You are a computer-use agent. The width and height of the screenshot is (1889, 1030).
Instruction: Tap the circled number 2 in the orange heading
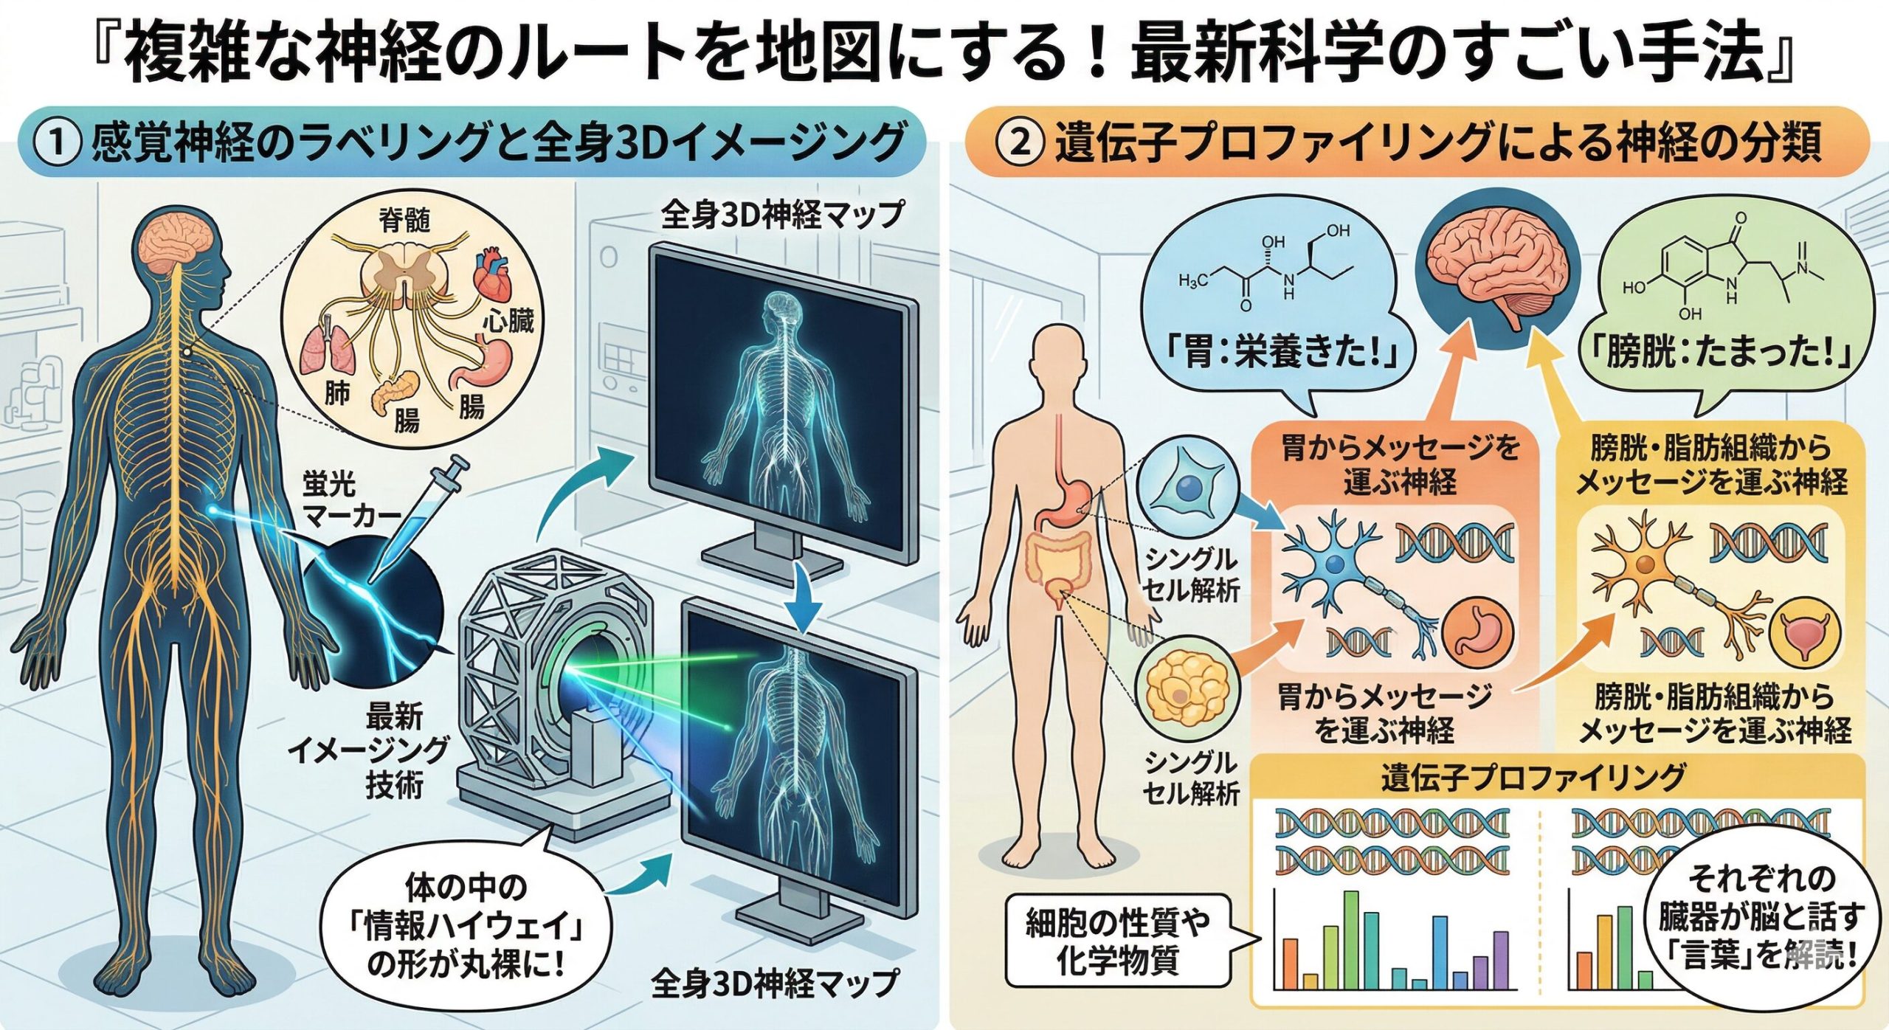point(1019,142)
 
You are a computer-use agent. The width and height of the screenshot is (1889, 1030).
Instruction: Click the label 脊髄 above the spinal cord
point(404,219)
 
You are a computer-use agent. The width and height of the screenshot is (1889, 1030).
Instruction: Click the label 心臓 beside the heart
point(508,322)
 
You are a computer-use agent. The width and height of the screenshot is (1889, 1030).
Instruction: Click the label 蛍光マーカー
point(347,500)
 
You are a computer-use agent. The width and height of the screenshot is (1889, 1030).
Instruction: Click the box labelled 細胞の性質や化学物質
point(1117,941)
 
